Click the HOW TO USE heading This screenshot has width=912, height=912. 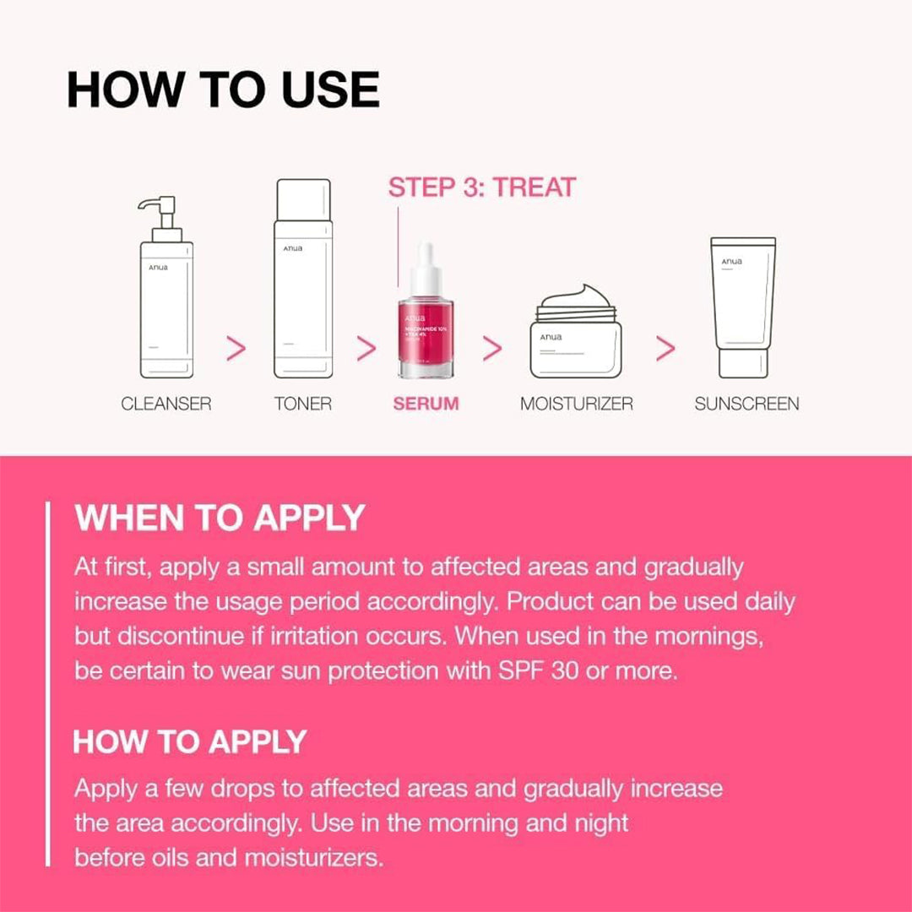(223, 90)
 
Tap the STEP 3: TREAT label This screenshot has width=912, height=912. (481, 187)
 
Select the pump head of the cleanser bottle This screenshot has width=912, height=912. (160, 210)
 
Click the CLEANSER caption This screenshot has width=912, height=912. (166, 404)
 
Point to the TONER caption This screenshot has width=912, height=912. (303, 404)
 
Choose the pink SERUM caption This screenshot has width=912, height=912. (426, 404)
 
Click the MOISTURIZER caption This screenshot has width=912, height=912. (576, 404)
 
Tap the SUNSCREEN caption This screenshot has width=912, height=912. (746, 404)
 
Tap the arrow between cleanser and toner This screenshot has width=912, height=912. (237, 349)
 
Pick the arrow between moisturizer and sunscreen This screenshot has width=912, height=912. (665, 349)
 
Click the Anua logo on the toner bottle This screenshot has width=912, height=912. (292, 248)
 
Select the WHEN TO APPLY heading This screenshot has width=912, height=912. (220, 518)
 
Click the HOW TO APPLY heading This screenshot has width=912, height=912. (189, 741)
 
